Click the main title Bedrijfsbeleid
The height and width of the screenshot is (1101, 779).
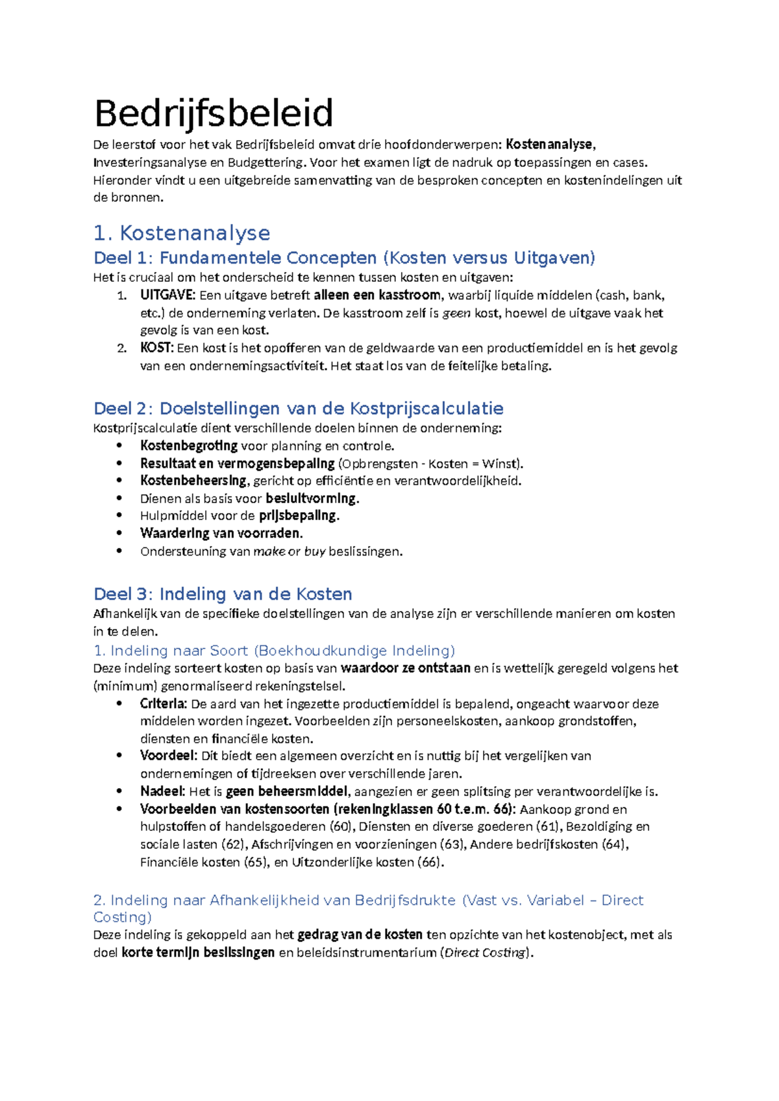coord(214,113)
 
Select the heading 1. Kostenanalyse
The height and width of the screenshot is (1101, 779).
coord(182,233)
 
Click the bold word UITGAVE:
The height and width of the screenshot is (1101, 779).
coord(167,295)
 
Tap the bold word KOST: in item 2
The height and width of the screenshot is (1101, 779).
coord(156,348)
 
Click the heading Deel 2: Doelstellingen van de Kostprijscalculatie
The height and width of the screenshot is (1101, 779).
coord(299,408)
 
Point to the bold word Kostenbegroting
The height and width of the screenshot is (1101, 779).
coord(189,446)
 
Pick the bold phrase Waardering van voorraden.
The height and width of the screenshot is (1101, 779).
coord(221,534)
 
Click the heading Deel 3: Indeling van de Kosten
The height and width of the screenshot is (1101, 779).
coord(223,594)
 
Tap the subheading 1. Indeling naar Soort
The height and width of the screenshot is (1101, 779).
coord(171,650)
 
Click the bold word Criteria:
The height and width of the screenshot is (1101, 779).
coord(163,704)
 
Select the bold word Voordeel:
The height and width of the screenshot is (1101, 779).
coord(167,756)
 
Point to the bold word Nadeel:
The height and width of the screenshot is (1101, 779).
coord(162,791)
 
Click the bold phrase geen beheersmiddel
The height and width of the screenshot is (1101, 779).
coord(288,791)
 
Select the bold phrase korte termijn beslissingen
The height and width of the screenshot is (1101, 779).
coord(198,953)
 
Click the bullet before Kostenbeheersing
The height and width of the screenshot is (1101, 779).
coord(119,481)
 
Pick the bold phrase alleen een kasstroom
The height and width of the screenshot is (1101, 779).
coord(377,295)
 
